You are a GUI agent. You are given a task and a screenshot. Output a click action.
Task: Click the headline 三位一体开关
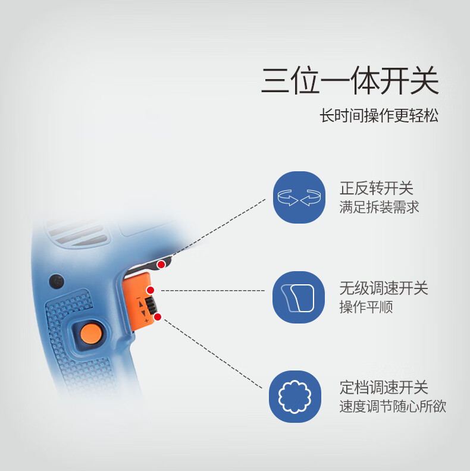350,80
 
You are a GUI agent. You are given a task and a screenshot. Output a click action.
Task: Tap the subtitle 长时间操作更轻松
378,115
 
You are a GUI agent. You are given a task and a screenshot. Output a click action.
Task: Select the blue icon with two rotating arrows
299,197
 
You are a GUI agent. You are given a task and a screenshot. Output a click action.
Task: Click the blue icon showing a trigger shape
299,297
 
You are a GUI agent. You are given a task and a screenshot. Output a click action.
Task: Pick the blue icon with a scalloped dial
295,397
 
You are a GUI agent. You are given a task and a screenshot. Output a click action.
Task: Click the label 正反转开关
377,188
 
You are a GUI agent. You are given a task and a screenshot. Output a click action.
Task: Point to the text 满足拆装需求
379,207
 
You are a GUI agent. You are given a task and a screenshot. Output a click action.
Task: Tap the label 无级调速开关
384,288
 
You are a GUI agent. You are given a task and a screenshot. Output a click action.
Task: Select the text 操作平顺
366,307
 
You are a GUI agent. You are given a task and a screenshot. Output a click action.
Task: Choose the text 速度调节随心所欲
393,406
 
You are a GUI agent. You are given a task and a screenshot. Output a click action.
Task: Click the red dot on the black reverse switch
161,265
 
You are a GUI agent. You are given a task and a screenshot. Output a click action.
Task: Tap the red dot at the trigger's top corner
151,290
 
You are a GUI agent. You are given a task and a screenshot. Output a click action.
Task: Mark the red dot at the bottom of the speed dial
158,317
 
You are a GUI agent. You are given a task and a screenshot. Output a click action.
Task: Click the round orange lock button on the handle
91,334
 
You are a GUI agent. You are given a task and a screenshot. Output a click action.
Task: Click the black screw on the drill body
57,281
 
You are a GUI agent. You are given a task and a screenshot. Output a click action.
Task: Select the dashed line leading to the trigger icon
213,290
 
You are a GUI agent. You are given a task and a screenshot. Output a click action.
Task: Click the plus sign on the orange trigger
146,321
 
